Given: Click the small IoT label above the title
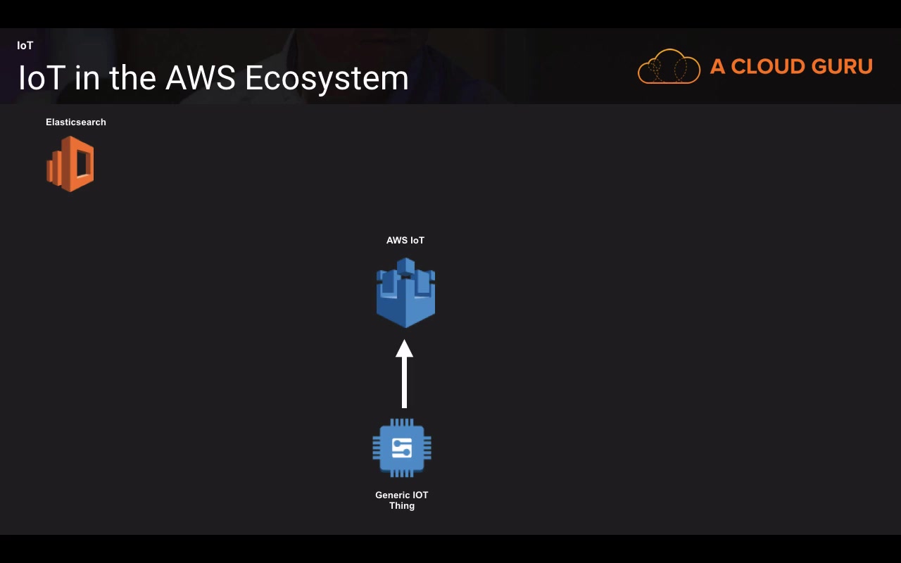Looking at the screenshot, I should click(25, 46).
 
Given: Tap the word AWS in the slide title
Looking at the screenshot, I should click(200, 77).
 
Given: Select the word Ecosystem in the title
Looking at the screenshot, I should click(327, 78).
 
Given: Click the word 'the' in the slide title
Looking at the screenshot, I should click(132, 77).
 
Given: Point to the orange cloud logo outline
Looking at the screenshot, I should click(669, 67).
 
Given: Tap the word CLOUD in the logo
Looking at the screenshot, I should click(765, 67).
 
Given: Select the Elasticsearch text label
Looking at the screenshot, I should click(76, 122).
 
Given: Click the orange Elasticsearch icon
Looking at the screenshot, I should click(70, 164).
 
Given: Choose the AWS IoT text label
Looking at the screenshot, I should click(405, 241).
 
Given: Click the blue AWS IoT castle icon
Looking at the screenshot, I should click(405, 299).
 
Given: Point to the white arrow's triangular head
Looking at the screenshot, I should click(404, 349).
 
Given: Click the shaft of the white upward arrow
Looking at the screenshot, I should click(404, 384).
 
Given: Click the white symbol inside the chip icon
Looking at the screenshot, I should click(402, 448).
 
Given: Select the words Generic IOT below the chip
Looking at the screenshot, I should click(402, 495).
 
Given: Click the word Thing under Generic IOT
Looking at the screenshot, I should click(402, 506).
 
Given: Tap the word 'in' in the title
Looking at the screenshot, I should click(86, 77).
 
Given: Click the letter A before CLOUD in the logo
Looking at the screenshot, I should click(717, 67).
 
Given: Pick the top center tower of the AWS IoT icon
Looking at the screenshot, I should click(405, 266).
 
